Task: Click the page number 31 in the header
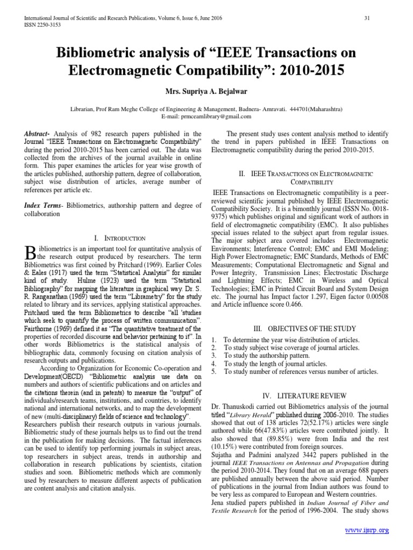(x=368, y=18)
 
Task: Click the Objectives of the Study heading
(x=294, y=328)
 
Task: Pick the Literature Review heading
(x=294, y=395)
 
